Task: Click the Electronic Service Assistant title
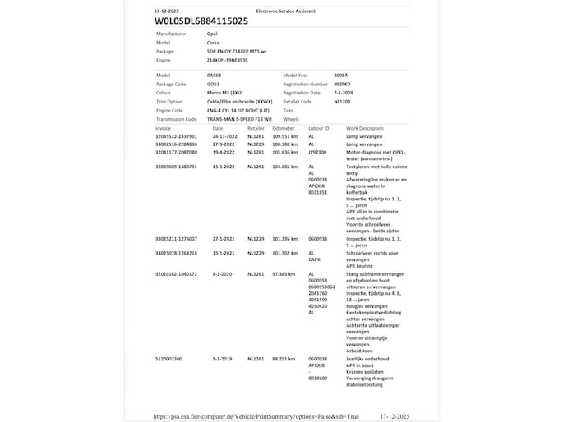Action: [x=285, y=11]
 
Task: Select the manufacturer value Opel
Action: [x=213, y=34]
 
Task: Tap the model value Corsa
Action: [x=213, y=42]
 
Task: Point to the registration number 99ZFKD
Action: [x=343, y=84]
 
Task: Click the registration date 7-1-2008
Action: [x=344, y=93]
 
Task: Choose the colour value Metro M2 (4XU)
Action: [x=225, y=93]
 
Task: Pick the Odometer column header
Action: [x=283, y=128]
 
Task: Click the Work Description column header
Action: [x=364, y=128]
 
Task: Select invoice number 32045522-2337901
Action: [x=176, y=136]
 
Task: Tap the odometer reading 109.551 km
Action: [x=285, y=136]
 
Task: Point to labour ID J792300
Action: [x=318, y=152]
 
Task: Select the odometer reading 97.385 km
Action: [x=284, y=273]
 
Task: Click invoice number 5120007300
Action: [x=169, y=359]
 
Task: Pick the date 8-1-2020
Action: [x=222, y=273]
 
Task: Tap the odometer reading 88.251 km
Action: [x=284, y=359]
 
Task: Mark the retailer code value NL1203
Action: [x=343, y=102]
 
